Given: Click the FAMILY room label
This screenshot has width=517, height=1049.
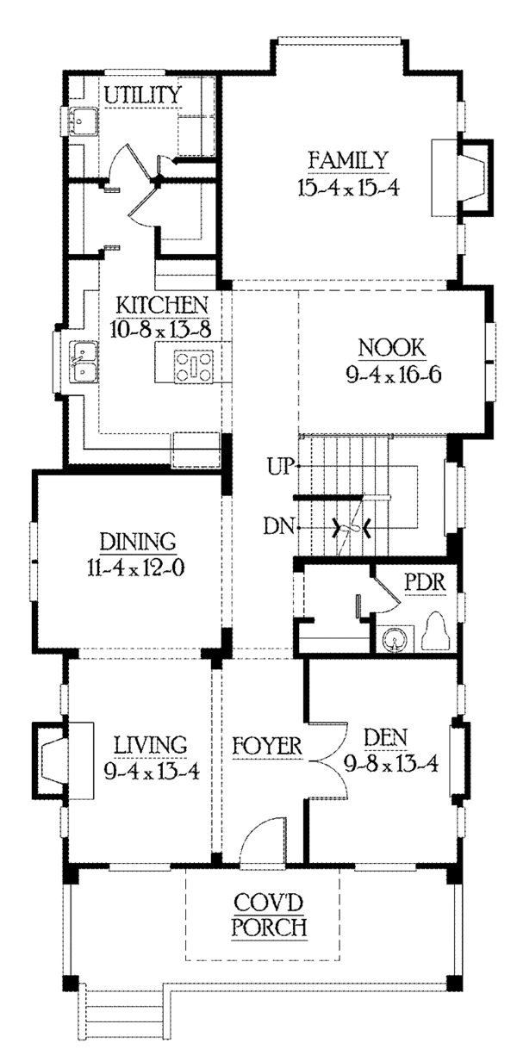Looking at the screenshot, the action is click(348, 160).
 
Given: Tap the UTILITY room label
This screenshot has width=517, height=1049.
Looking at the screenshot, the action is click(142, 95).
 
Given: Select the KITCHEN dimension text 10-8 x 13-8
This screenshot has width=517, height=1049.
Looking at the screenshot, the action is click(161, 330).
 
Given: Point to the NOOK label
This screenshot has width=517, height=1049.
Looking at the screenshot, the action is click(392, 348).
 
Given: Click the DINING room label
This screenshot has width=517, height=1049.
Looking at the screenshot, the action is click(138, 542).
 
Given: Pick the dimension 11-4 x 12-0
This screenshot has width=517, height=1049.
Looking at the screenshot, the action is click(135, 568).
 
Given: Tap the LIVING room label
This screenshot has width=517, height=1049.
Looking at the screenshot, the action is click(151, 745).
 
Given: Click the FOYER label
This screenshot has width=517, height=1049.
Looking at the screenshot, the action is click(267, 747).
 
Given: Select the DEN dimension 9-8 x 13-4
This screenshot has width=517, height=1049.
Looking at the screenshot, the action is click(391, 764).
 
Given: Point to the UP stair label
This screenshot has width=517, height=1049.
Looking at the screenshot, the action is click(281, 467).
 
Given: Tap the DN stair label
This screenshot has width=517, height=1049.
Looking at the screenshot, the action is click(279, 526).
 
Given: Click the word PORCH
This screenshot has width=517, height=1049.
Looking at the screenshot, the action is click(270, 927).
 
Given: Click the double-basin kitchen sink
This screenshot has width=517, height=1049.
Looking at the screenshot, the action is click(84, 361).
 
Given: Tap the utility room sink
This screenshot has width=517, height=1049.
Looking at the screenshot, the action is click(84, 121).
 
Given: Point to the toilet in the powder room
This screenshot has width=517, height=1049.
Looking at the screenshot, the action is click(436, 630).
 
